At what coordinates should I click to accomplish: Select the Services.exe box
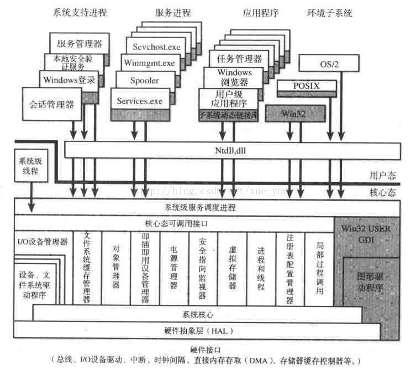139,101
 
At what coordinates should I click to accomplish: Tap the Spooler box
144,81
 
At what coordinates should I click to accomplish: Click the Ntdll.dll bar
233,149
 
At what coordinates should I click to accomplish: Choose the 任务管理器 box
235,59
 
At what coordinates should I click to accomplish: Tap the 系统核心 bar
198,314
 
